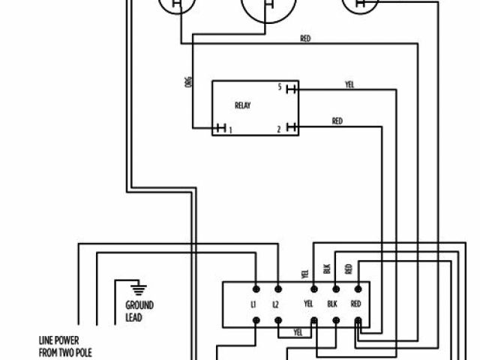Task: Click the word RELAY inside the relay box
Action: (x=242, y=106)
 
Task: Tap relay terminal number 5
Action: (x=280, y=88)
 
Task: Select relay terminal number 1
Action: (x=229, y=129)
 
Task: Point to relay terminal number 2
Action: (x=279, y=129)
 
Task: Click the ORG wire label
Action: (x=188, y=82)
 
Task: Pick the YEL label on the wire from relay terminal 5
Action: (x=349, y=85)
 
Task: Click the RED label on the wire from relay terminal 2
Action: (x=337, y=121)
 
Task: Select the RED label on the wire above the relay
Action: (x=305, y=38)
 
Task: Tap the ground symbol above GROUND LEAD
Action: (x=136, y=289)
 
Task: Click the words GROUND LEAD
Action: (x=139, y=311)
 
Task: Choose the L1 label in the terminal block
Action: (x=253, y=304)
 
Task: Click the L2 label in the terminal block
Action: (x=276, y=304)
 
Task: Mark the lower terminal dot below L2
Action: (x=277, y=321)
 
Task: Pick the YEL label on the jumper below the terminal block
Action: (x=298, y=331)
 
